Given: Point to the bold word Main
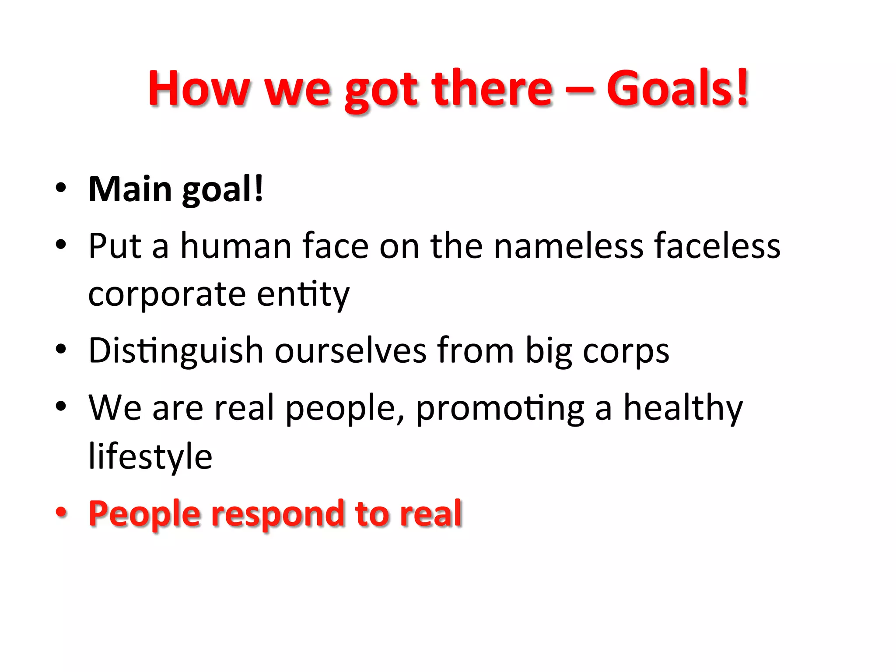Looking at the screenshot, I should pyautogui.click(x=130, y=189).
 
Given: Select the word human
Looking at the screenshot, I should pyautogui.click(x=236, y=246).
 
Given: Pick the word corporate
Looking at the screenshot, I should pyautogui.click(x=167, y=295).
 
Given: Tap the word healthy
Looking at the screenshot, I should pyautogui.click(x=682, y=409).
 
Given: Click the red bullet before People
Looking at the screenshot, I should pyautogui.click(x=61, y=511).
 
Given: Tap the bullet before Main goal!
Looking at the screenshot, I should pyautogui.click(x=61, y=188).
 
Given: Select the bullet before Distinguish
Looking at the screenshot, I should pyautogui.click(x=61, y=349).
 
